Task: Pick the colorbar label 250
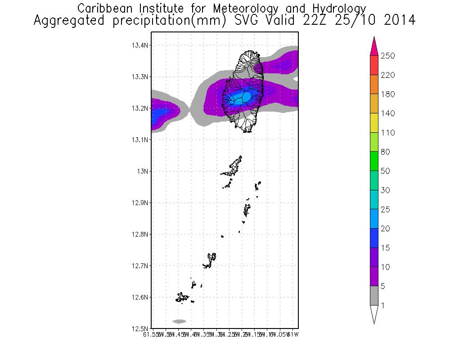pos(388,56)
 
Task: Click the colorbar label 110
pos(388,133)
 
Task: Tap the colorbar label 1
pos(384,306)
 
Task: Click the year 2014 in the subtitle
pos(399,21)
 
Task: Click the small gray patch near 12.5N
pos(179,321)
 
